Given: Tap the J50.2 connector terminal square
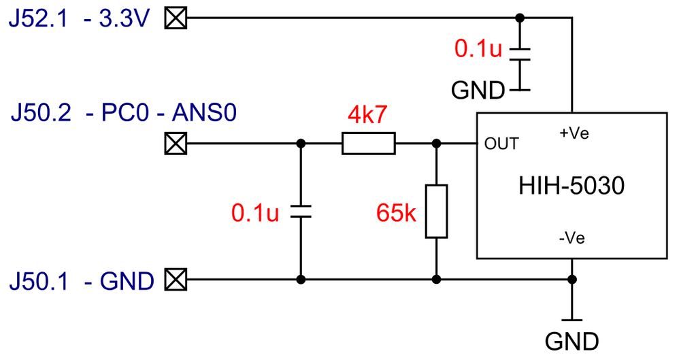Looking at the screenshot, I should [176, 144].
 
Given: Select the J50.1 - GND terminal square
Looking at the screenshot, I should [176, 279].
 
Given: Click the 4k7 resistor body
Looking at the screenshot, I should [367, 144].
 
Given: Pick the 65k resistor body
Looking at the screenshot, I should [436, 211].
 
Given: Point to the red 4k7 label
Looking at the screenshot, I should [367, 116].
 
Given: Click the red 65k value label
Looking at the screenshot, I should [396, 213].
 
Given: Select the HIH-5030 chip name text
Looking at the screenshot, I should [571, 185].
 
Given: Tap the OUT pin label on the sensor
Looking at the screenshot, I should [501, 144].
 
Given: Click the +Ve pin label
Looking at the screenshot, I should [573, 134].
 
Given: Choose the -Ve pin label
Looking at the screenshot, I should [572, 238].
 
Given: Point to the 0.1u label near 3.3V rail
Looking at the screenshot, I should [478, 49].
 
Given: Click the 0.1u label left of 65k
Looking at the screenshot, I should [255, 213].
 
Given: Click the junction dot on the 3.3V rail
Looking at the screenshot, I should [520, 18].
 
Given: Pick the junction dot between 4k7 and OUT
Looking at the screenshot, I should [436, 144].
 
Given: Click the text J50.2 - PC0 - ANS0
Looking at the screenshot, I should [123, 112].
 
